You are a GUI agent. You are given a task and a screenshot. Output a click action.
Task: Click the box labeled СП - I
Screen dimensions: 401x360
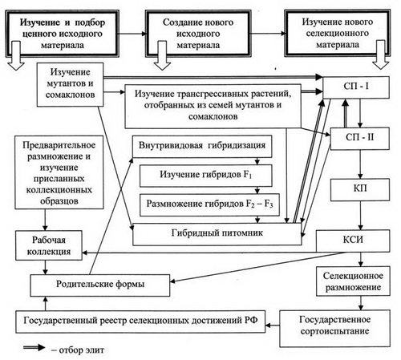(356, 87)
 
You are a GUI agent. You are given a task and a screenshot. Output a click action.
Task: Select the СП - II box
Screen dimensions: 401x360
(360, 139)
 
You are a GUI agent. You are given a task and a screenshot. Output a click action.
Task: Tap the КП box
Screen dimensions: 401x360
(360, 190)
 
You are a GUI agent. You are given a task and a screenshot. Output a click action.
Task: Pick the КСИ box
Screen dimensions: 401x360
(353, 241)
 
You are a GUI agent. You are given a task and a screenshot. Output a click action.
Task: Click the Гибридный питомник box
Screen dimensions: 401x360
(217, 234)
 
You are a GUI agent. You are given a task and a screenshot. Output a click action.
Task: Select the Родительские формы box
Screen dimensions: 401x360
(100, 285)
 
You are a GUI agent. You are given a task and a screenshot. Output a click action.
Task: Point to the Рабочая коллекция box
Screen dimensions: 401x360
(49, 245)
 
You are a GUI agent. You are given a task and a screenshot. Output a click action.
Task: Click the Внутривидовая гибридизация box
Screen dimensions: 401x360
(202, 147)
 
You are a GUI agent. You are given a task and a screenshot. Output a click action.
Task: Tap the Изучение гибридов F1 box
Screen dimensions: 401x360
(206, 176)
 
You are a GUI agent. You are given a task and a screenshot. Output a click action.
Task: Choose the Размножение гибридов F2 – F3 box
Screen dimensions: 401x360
(209, 204)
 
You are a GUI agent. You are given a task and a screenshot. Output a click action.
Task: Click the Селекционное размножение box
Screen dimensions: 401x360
(353, 281)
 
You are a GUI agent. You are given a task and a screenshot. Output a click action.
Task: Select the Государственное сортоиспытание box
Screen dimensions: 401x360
(334, 328)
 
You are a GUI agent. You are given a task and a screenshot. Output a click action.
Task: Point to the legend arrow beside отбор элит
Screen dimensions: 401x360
(34, 347)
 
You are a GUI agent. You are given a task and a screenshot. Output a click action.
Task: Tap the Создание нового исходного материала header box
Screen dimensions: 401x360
(198, 34)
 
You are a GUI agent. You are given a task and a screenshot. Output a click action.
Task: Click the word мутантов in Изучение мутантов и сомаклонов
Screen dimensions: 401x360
(70, 83)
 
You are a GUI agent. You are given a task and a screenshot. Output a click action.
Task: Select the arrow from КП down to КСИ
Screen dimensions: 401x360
(360, 216)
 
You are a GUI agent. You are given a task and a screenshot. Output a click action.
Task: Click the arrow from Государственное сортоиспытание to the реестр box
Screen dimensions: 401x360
(273, 326)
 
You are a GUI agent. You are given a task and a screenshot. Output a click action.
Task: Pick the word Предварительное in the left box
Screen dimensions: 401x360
(59, 145)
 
